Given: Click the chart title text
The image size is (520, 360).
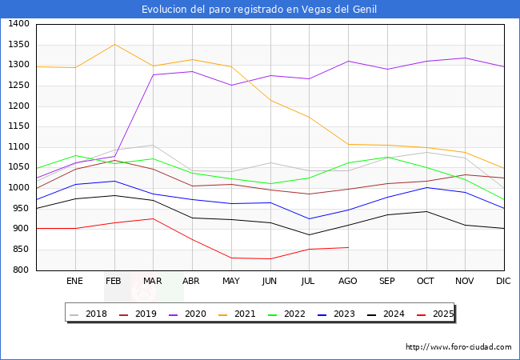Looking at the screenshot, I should coord(259,10).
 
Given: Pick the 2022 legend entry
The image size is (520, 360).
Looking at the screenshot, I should coord(294,314).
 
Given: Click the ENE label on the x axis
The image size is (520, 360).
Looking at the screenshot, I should coord(74,282).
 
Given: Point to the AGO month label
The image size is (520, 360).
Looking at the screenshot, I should coord(348,282).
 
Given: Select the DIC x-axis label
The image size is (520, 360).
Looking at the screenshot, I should coord(503,282).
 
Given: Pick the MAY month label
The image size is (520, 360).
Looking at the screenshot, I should coord(230,282).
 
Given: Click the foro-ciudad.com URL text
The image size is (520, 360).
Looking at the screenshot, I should coord(458,347).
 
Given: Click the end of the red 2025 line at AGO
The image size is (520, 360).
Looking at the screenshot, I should coord(348,247).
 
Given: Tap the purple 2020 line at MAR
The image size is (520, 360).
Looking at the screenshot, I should coord(153,75).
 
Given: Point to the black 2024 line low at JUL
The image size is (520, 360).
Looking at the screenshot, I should coord(309,235).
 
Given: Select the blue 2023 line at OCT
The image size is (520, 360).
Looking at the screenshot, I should coord(426,187).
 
